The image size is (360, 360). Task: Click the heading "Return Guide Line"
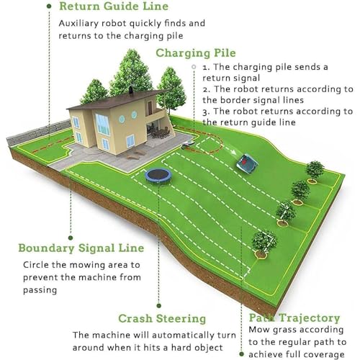click(x=114, y=6)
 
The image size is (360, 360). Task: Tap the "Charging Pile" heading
click(x=196, y=53)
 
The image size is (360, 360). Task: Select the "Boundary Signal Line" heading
click(x=81, y=248)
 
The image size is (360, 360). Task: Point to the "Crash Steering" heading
click(x=162, y=319)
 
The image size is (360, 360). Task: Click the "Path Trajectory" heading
click(x=294, y=318)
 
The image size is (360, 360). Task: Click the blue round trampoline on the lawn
click(x=158, y=176)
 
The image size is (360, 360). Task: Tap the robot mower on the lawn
click(x=247, y=163)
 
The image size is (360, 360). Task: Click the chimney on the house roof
click(x=131, y=91)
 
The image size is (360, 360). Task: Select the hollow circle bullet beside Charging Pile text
click(x=194, y=67)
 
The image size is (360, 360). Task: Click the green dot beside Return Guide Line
click(x=49, y=6)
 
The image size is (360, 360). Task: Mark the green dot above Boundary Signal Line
click(x=71, y=238)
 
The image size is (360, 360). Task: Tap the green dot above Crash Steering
click(x=158, y=305)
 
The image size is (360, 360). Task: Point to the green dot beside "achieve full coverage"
click(x=242, y=354)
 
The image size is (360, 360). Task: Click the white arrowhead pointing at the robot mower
click(x=233, y=153)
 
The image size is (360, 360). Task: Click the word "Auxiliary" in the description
click(x=78, y=24)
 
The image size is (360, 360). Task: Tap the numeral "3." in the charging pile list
click(x=206, y=112)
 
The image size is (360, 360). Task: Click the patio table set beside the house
click(x=160, y=132)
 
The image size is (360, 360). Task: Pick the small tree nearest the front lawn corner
click(x=264, y=243)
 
